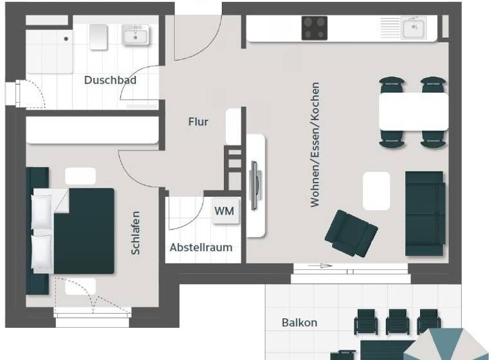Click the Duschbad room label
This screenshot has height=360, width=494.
110,80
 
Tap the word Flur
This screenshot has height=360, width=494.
198,121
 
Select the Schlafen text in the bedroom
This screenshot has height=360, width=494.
136,233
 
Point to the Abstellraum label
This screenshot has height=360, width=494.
201,248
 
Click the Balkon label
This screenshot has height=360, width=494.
299,323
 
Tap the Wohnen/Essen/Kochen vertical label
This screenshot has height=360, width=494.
315,145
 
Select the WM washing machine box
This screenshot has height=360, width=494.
224,211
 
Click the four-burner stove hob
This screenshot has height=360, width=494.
315,28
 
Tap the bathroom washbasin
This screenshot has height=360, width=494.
136,35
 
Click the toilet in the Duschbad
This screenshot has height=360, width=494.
98,37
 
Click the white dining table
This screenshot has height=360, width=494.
413,112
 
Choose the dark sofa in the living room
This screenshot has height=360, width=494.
425,213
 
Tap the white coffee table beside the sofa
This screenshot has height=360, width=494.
376,190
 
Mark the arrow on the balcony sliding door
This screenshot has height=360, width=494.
320,265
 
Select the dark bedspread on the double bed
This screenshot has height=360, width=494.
84,230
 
